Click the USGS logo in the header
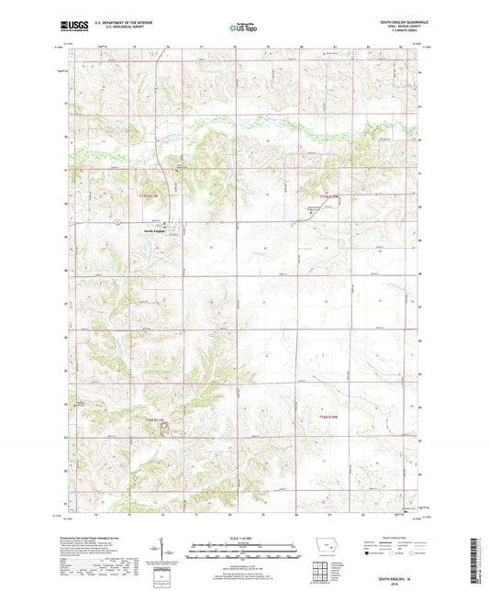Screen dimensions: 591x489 coord(70,27)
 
